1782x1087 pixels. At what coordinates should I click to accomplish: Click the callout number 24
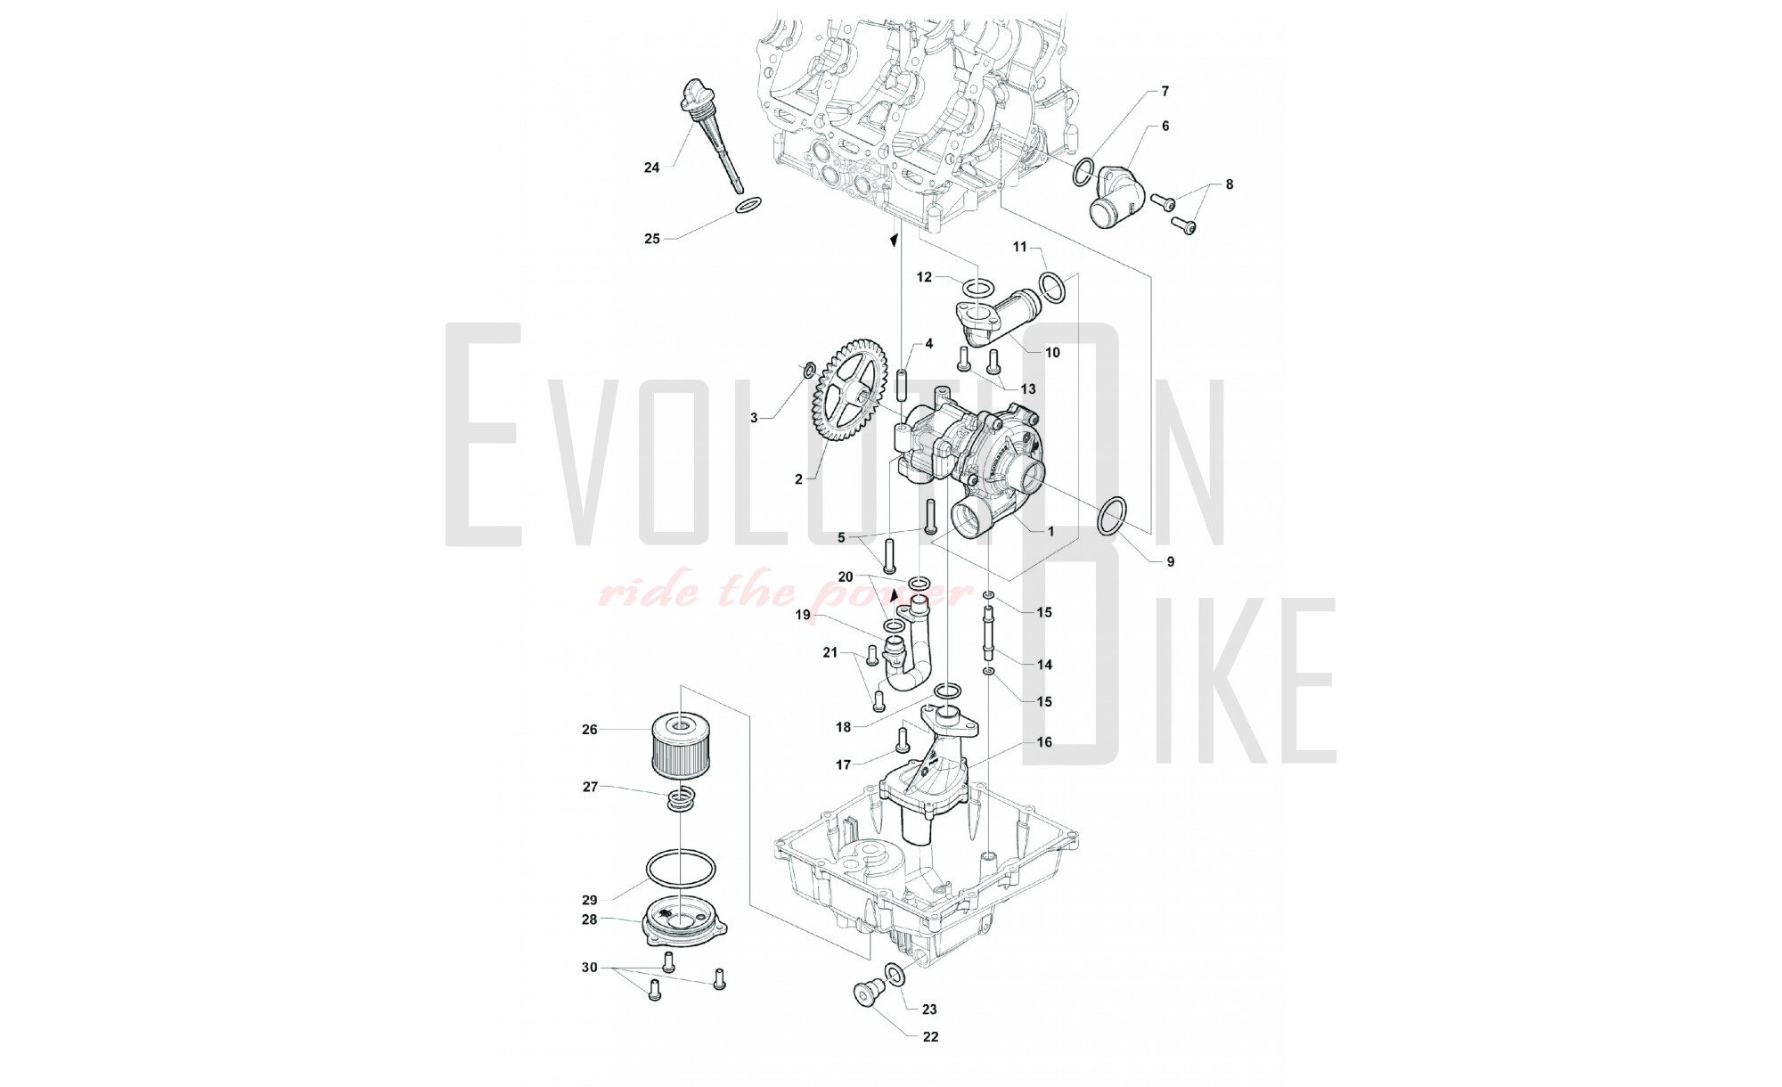coord(652,167)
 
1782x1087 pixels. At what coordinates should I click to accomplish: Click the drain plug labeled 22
coord(864,994)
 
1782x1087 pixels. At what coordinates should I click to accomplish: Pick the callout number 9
coord(1171,561)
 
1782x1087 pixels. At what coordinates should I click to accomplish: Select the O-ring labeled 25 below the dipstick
coord(126,206)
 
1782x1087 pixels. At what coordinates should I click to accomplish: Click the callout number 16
coord(1044,741)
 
